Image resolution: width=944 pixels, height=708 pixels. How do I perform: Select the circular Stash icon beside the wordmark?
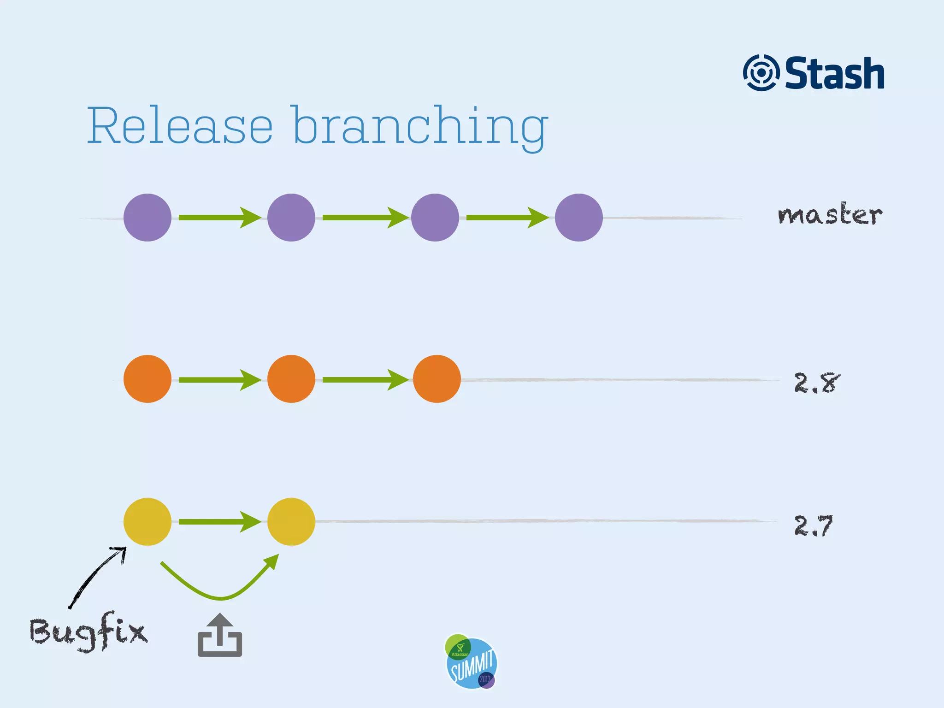click(x=761, y=73)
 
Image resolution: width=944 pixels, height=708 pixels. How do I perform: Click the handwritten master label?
click(x=830, y=214)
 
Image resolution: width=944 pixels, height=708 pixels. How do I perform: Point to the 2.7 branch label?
click(x=814, y=525)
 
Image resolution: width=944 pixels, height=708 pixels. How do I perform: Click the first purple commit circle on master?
click(x=147, y=218)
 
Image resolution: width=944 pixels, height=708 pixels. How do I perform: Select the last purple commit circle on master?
click(x=579, y=218)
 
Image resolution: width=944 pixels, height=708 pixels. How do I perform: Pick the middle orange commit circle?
click(x=291, y=379)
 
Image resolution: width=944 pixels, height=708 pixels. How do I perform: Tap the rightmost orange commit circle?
click(x=437, y=379)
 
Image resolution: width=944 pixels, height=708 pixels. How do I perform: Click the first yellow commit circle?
click(x=147, y=522)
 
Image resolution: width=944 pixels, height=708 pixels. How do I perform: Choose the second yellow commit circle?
click(x=291, y=522)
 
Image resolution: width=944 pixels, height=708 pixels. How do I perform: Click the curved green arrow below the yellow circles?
click(x=220, y=597)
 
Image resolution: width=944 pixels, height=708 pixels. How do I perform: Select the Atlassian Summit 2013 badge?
click(x=471, y=661)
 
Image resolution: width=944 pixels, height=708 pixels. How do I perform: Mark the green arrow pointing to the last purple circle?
click(x=507, y=218)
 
